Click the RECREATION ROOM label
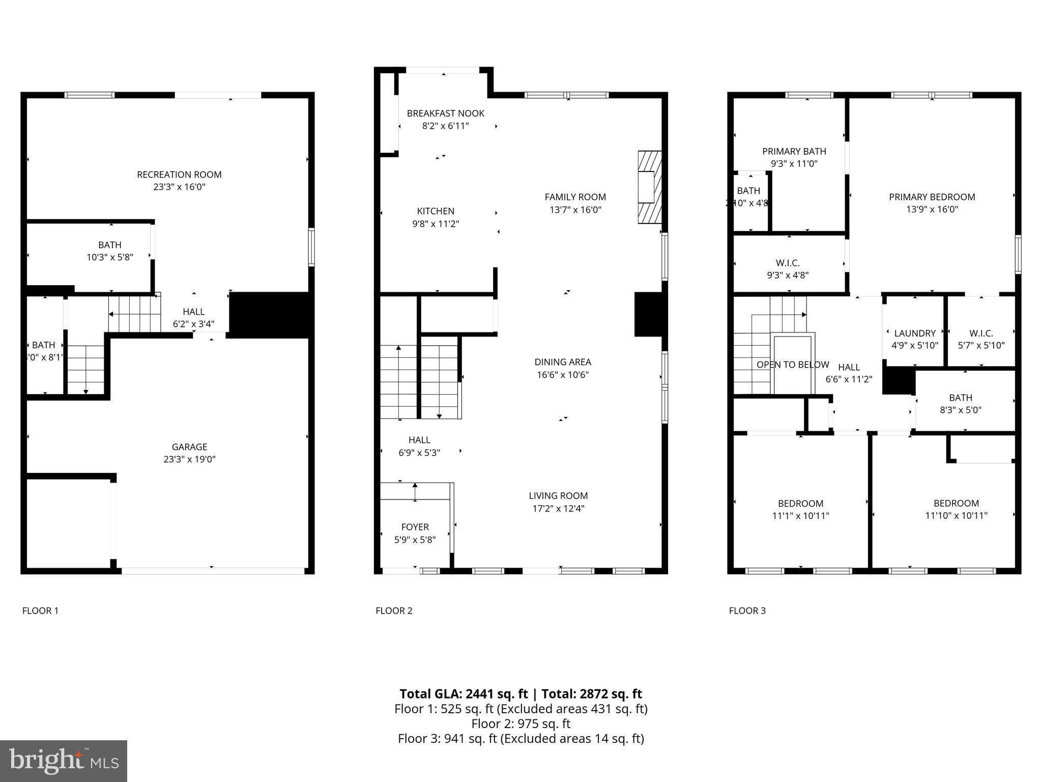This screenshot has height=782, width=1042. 179,175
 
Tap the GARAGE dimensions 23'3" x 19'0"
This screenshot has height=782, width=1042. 189,459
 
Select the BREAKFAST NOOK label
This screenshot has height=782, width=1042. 445,114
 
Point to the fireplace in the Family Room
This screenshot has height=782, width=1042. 649,187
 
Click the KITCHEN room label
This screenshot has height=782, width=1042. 436,211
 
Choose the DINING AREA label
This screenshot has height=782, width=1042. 562,362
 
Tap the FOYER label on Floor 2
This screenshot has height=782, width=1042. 415,527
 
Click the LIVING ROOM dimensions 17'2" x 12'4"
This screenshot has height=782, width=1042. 558,508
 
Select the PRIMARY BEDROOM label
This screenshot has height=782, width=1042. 932,197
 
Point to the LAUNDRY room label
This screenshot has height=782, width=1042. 914,333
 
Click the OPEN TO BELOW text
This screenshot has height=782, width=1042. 792,365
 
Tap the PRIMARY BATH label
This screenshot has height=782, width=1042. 794,151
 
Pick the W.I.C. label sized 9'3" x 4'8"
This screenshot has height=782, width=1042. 788,263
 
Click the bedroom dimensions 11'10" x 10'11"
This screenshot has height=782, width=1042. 956,515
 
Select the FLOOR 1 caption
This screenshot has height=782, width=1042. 40,610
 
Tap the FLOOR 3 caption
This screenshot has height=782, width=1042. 747,610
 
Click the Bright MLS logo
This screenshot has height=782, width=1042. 64,761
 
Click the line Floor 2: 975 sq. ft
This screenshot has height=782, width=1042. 520,723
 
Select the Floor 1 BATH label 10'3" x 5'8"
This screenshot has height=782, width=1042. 109,245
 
